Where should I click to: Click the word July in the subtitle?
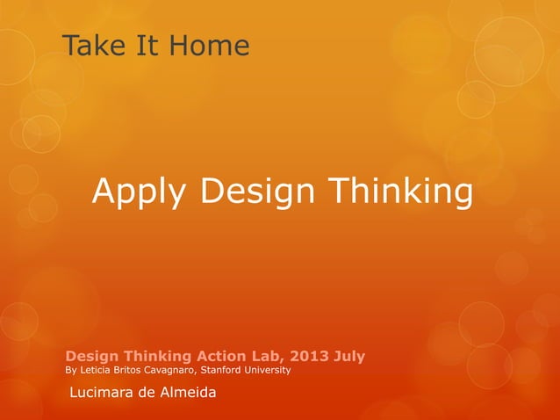348,356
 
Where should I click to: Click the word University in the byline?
269,371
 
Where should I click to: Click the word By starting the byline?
72,371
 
